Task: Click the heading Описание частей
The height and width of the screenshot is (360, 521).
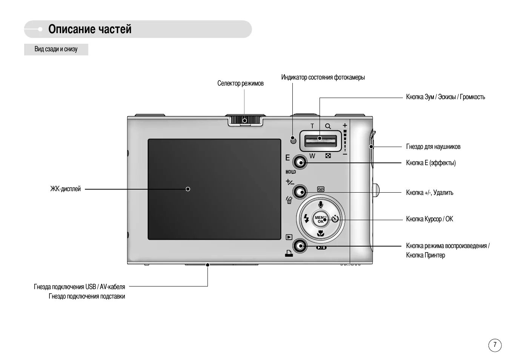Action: [x=90, y=29]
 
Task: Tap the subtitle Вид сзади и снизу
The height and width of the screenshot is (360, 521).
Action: [x=56, y=49]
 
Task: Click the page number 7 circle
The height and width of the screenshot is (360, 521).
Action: [x=495, y=345]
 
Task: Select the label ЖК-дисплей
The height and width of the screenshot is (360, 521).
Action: [x=66, y=189]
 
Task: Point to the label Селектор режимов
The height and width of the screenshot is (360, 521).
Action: [x=240, y=83]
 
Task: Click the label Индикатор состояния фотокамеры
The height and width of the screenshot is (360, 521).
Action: [x=323, y=77]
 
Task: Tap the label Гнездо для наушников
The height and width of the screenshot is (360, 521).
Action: [x=433, y=147]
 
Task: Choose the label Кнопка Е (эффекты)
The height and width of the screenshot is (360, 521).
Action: [x=431, y=163]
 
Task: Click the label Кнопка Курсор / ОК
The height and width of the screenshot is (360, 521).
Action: [x=429, y=219]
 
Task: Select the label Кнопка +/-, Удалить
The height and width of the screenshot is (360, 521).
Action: [x=430, y=193]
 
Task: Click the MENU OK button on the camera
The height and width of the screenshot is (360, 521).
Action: [x=320, y=219]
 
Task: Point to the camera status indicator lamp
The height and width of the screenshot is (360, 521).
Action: [x=293, y=141]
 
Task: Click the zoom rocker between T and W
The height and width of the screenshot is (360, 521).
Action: [x=320, y=140]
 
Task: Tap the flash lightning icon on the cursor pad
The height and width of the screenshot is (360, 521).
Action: [x=306, y=219]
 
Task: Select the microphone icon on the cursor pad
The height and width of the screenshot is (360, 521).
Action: [x=321, y=205]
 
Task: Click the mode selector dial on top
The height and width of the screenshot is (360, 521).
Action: [x=245, y=120]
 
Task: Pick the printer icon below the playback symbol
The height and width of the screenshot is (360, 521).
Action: [x=289, y=254]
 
